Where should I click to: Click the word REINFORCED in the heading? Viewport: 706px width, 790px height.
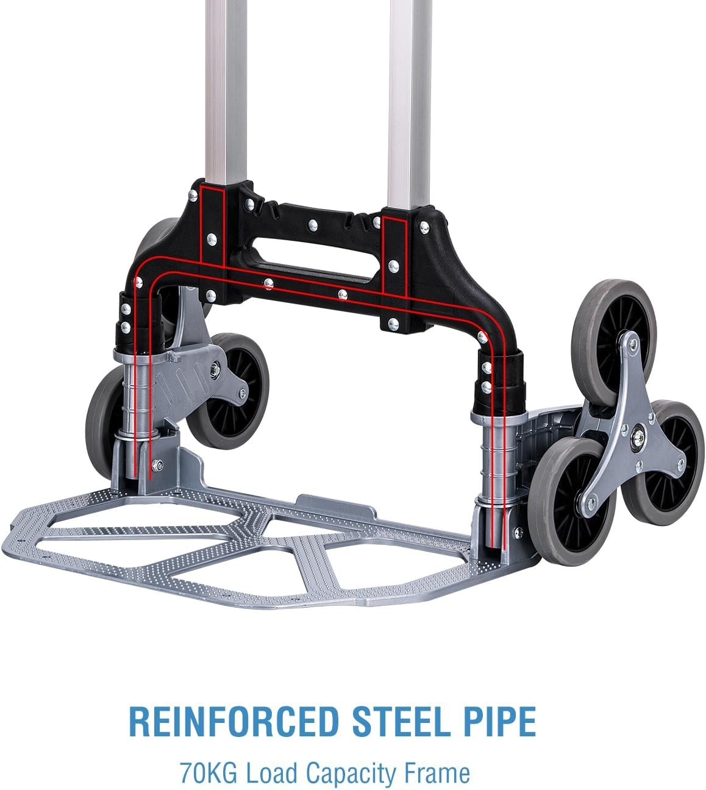click(x=233, y=722)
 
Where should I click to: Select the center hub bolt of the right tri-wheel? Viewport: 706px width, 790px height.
click(x=638, y=439)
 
